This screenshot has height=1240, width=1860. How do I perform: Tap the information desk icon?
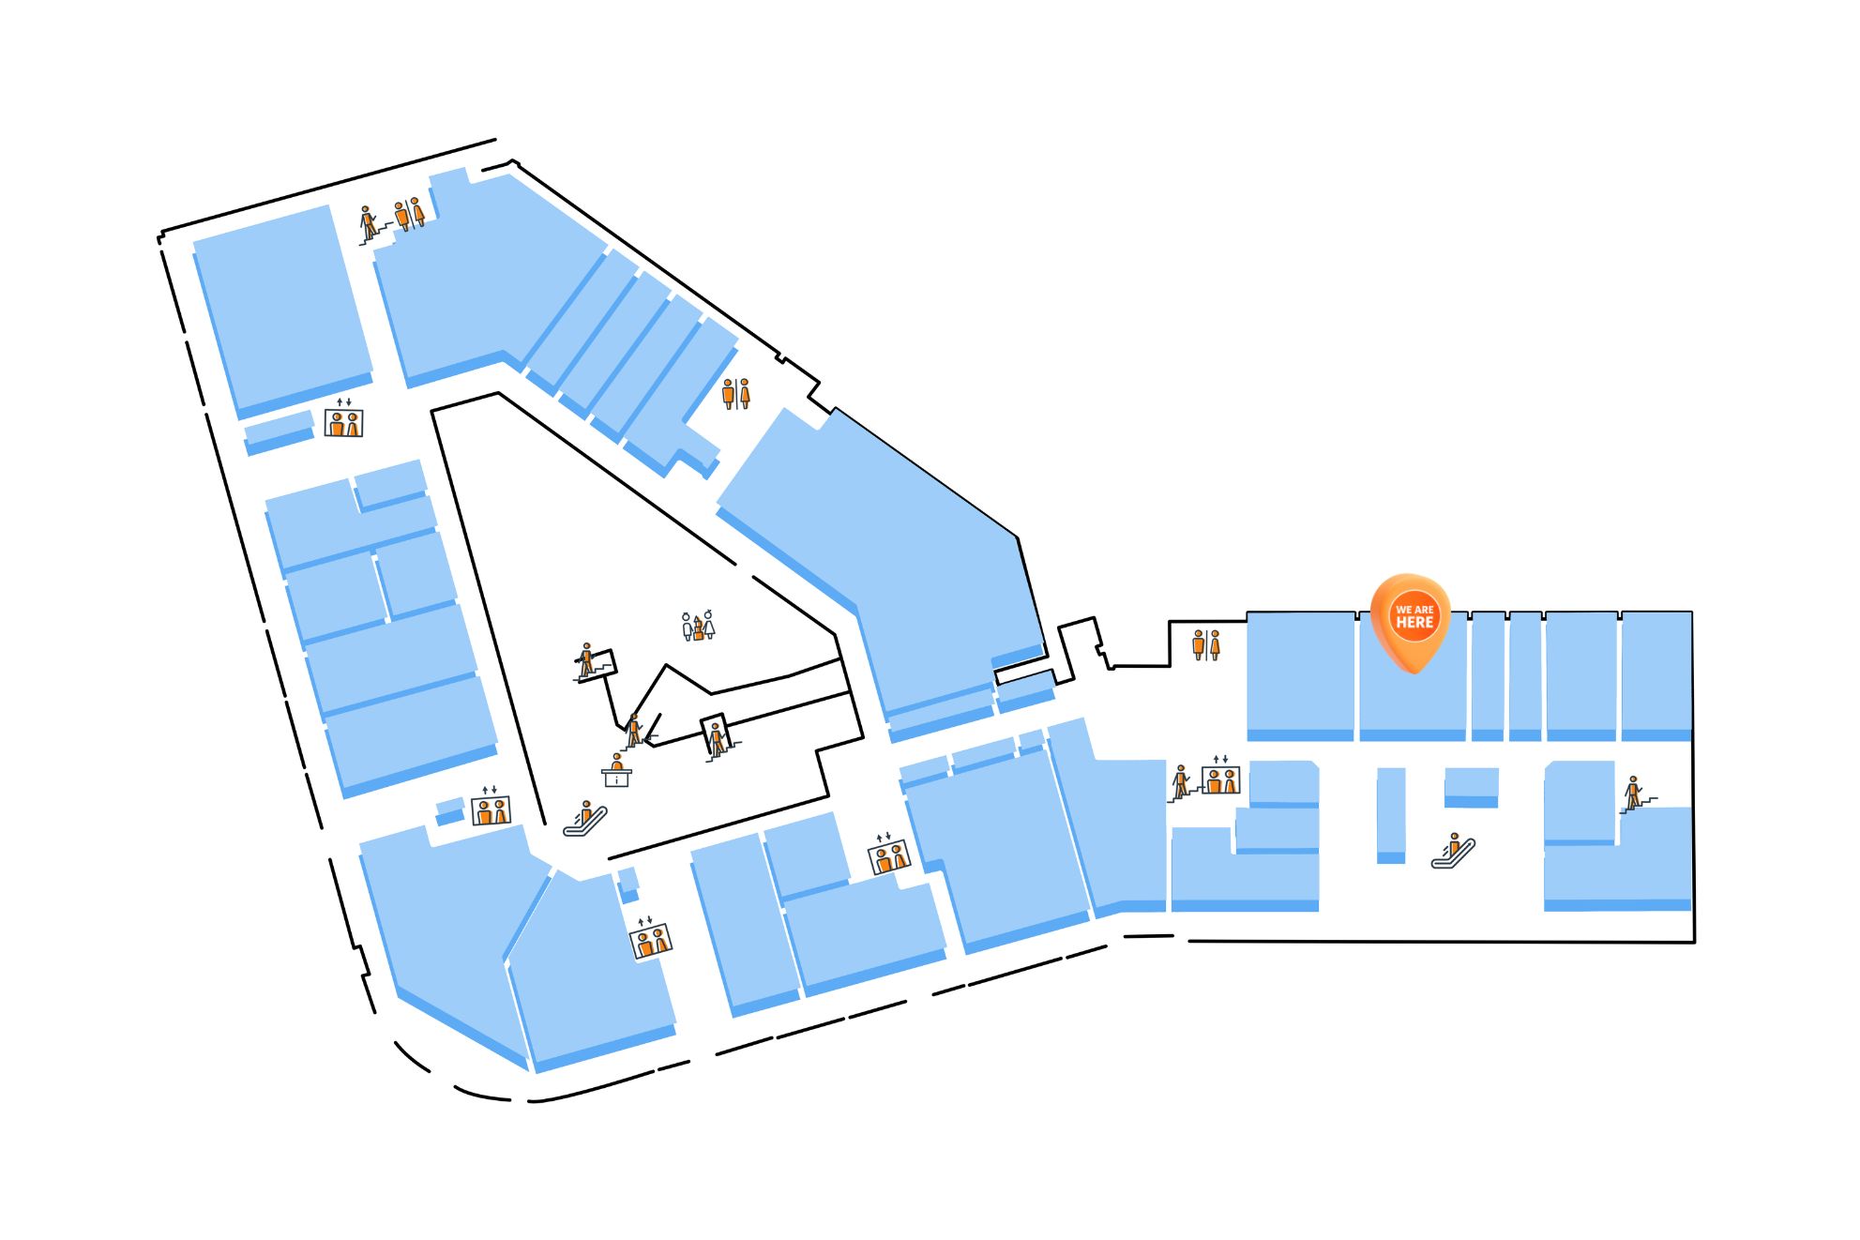tap(616, 770)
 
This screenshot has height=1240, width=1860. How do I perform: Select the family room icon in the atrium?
tap(698, 626)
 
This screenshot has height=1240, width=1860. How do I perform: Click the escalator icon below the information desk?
tap(585, 819)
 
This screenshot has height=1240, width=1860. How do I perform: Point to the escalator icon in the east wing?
tap(1453, 851)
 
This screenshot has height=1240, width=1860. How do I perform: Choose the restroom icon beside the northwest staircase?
tap(409, 214)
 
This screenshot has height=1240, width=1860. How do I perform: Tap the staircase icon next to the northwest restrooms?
tap(370, 225)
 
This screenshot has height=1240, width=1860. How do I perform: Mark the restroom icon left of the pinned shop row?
tap(1205, 645)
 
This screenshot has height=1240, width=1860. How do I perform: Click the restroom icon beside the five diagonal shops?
tap(735, 393)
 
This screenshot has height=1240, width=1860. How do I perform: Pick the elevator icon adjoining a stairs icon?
tap(1220, 777)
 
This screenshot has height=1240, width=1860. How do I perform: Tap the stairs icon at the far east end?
tap(1636, 794)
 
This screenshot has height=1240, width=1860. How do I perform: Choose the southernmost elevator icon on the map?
tap(650, 938)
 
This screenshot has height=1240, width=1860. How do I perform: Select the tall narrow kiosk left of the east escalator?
tap(1391, 815)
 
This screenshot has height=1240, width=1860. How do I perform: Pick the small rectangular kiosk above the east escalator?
tap(1471, 787)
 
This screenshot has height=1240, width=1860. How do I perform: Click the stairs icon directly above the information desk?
tap(635, 732)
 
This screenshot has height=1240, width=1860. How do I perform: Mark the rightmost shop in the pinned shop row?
tap(1656, 675)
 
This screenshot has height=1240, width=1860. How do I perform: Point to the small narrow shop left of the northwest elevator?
tap(279, 432)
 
